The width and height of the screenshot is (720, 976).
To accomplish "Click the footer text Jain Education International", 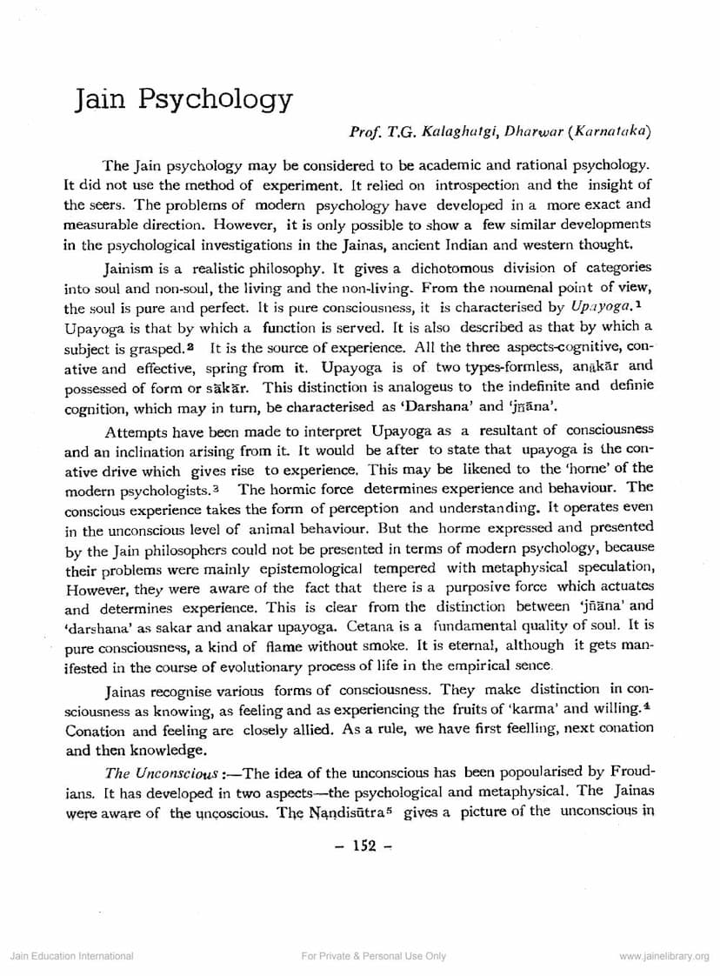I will coord(71,956).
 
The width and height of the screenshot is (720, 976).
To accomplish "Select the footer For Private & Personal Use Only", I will coord(373,956).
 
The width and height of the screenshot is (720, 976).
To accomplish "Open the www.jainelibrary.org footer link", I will coord(664,956).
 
